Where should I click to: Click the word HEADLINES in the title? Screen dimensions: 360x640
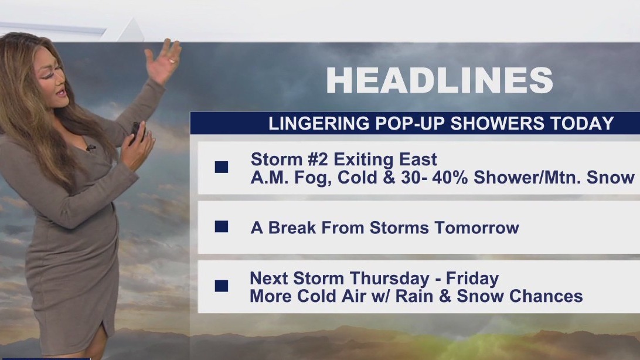439,80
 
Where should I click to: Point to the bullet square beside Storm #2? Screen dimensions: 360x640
222,167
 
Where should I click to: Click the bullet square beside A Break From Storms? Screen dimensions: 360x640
222,227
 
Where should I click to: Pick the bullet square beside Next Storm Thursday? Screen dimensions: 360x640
222,286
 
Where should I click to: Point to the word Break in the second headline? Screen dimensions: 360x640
290,227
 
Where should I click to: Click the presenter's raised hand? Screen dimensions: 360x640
163,62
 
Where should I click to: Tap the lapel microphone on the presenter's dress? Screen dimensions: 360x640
90,147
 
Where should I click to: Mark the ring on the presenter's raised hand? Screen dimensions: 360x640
172,60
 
